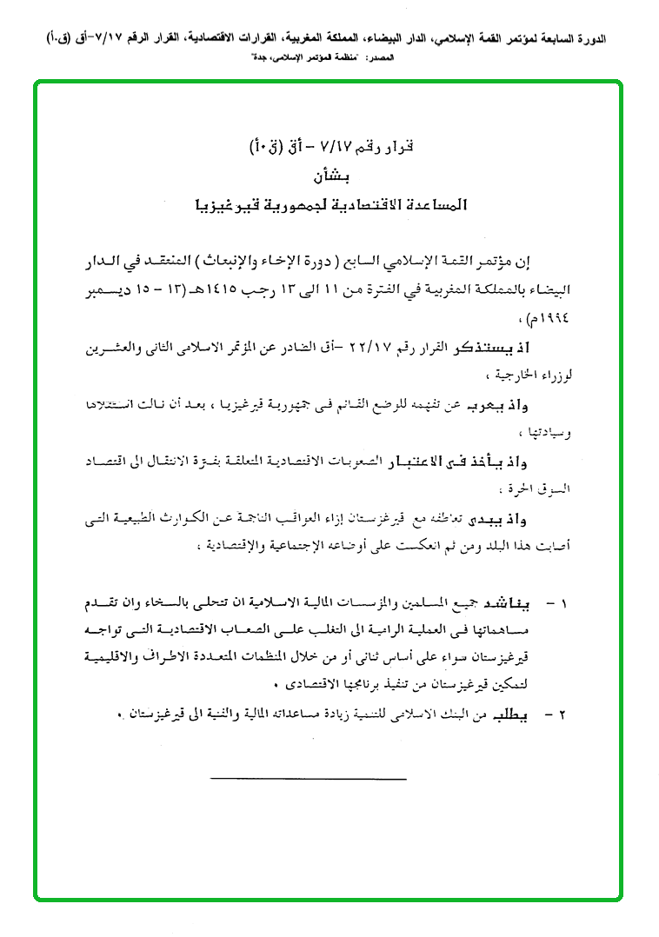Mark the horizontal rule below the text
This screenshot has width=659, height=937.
point(308,778)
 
